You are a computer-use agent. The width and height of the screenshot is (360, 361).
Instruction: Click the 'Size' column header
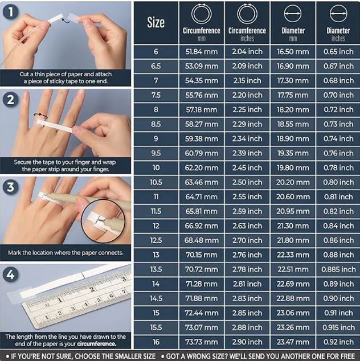[156, 23]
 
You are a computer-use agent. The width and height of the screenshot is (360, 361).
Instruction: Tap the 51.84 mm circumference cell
[202, 52]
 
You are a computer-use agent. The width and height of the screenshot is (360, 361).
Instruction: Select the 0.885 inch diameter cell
[338, 269]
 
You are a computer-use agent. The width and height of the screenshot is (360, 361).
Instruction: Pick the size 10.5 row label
[156, 182]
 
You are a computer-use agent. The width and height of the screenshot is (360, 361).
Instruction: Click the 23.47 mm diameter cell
[293, 342]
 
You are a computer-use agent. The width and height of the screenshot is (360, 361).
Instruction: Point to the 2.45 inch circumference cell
[247, 168]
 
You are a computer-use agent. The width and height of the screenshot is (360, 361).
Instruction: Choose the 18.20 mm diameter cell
[293, 109]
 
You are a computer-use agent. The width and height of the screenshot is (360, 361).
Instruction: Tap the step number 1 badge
[11, 12]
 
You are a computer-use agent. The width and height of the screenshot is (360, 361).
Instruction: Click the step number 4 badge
[11, 274]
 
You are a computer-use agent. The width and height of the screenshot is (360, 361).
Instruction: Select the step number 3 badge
[11, 187]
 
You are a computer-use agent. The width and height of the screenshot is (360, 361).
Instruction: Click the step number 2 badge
[11, 100]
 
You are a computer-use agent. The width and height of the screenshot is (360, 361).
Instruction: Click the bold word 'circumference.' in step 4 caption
[97, 344]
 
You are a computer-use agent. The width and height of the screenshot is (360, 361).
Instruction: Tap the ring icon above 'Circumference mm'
[202, 14]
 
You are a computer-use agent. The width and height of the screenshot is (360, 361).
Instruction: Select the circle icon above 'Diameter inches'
[338, 14]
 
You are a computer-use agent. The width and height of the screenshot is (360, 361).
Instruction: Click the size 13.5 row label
[156, 269]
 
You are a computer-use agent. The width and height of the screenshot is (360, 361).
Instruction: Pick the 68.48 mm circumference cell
[202, 240]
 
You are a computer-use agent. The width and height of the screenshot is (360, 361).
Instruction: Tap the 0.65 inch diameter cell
[338, 52]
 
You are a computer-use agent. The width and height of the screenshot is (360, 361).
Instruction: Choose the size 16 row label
[156, 342]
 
